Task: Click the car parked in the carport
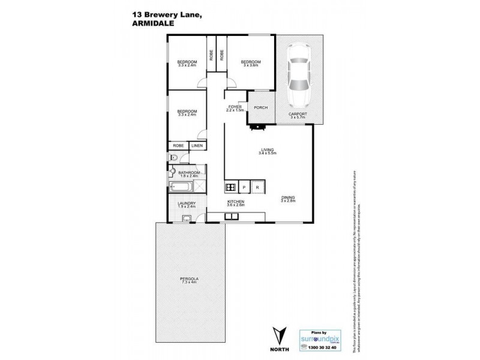click(x=298, y=75)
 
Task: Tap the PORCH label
click(x=260, y=108)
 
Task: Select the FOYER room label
click(x=235, y=108)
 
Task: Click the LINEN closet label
click(x=196, y=146)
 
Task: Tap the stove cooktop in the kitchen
click(x=231, y=187)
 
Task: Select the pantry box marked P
click(x=245, y=187)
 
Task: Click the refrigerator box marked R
click(x=257, y=187)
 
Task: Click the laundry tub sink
click(x=187, y=218)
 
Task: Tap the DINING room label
click(x=289, y=198)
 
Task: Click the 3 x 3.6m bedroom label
click(x=251, y=64)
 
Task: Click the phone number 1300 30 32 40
click(x=323, y=347)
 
